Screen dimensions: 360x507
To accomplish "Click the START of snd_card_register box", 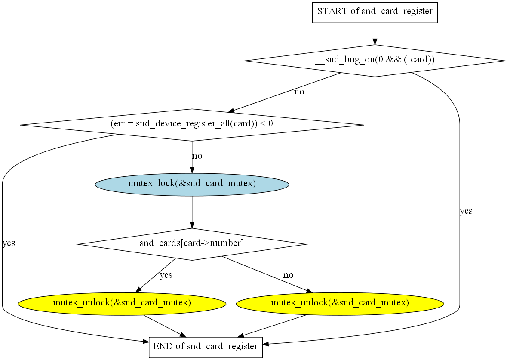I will point(375,12).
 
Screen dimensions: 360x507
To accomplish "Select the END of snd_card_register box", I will point(206,347).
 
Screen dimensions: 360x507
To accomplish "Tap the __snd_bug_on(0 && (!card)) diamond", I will point(375,61).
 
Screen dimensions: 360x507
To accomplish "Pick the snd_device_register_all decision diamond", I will point(192,125).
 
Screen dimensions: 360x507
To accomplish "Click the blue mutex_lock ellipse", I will point(192,184).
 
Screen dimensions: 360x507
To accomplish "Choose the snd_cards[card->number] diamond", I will point(192,244).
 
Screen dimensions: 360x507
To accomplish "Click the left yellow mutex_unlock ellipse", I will point(122,303).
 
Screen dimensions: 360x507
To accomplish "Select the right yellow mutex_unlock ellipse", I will point(340,303).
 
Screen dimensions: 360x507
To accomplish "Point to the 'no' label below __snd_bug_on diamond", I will point(299,92).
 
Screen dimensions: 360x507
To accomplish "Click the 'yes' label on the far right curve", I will point(466,211).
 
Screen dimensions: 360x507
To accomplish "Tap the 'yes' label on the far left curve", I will point(9,243).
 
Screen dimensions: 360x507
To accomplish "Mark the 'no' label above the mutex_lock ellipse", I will point(197,156).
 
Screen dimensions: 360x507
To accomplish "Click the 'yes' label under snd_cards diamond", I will point(166,275).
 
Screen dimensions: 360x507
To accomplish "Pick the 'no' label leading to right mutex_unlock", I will point(288,275).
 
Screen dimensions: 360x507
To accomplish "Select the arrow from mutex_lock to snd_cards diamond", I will point(192,212).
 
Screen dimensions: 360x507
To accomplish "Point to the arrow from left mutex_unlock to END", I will point(164,326).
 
